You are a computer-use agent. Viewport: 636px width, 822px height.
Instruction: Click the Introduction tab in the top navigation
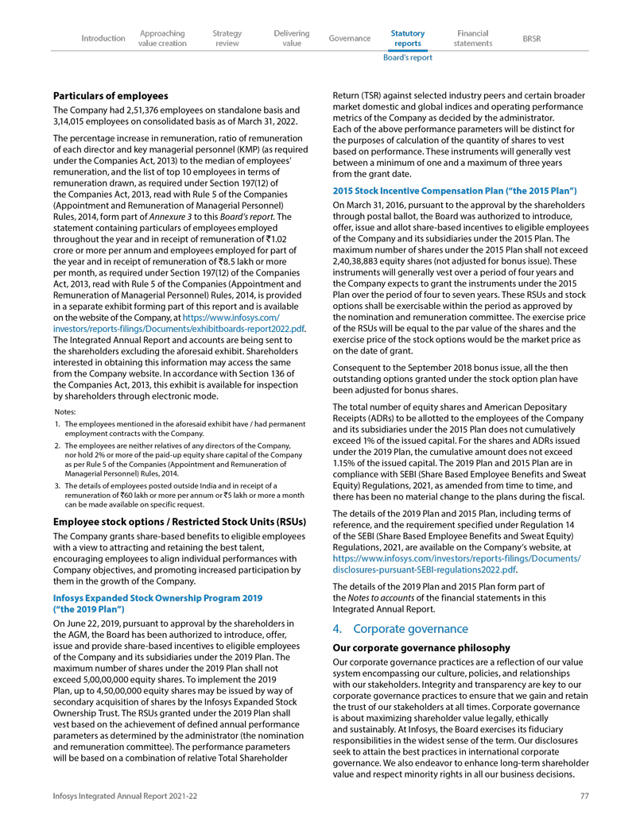click(x=103, y=38)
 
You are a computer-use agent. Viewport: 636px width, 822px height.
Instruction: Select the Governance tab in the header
click(x=349, y=38)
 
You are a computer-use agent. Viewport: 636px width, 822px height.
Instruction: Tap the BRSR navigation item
click(x=531, y=38)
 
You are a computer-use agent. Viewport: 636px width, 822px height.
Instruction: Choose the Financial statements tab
click(x=473, y=38)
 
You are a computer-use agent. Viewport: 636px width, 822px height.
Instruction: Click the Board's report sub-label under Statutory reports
click(x=408, y=57)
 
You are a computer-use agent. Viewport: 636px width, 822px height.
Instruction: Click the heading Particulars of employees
click(x=111, y=95)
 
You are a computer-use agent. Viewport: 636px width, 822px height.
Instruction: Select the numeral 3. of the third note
click(x=58, y=485)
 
